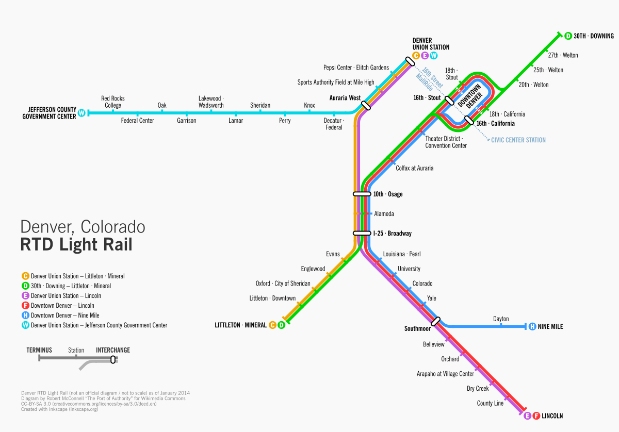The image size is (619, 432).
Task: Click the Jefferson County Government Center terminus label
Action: pyautogui.click(x=49, y=113)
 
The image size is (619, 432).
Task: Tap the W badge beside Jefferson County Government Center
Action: pyautogui.click(x=81, y=113)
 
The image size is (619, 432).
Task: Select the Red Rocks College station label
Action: pyautogui.click(x=113, y=102)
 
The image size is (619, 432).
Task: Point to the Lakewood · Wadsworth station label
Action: pyautogui.click(x=211, y=102)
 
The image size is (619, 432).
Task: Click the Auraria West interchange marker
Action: pyautogui.click(x=366, y=105)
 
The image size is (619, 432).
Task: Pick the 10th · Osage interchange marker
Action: pyautogui.click(x=362, y=194)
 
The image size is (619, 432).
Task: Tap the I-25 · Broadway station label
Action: pyautogui.click(x=393, y=234)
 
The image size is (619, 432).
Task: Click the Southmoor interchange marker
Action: pyautogui.click(x=436, y=321)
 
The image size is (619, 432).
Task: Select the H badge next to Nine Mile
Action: pyautogui.click(x=532, y=326)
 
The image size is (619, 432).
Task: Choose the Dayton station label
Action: pyautogui.click(x=501, y=319)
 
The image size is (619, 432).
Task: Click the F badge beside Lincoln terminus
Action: pyautogui.click(x=536, y=416)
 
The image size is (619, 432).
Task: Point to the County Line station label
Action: pyautogui.click(x=490, y=403)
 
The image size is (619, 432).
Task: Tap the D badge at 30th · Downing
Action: pyautogui.click(x=568, y=36)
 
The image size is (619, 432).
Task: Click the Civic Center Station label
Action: pyautogui.click(x=518, y=140)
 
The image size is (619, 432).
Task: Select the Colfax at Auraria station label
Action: pyautogui.click(x=414, y=168)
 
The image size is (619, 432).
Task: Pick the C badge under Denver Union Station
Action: pyautogui.click(x=416, y=56)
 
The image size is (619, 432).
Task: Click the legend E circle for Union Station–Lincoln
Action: pyautogui.click(x=25, y=296)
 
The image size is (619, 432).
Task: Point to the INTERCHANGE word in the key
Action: pyautogui.click(x=113, y=350)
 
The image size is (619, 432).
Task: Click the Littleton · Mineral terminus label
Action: pyautogui.click(x=240, y=325)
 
